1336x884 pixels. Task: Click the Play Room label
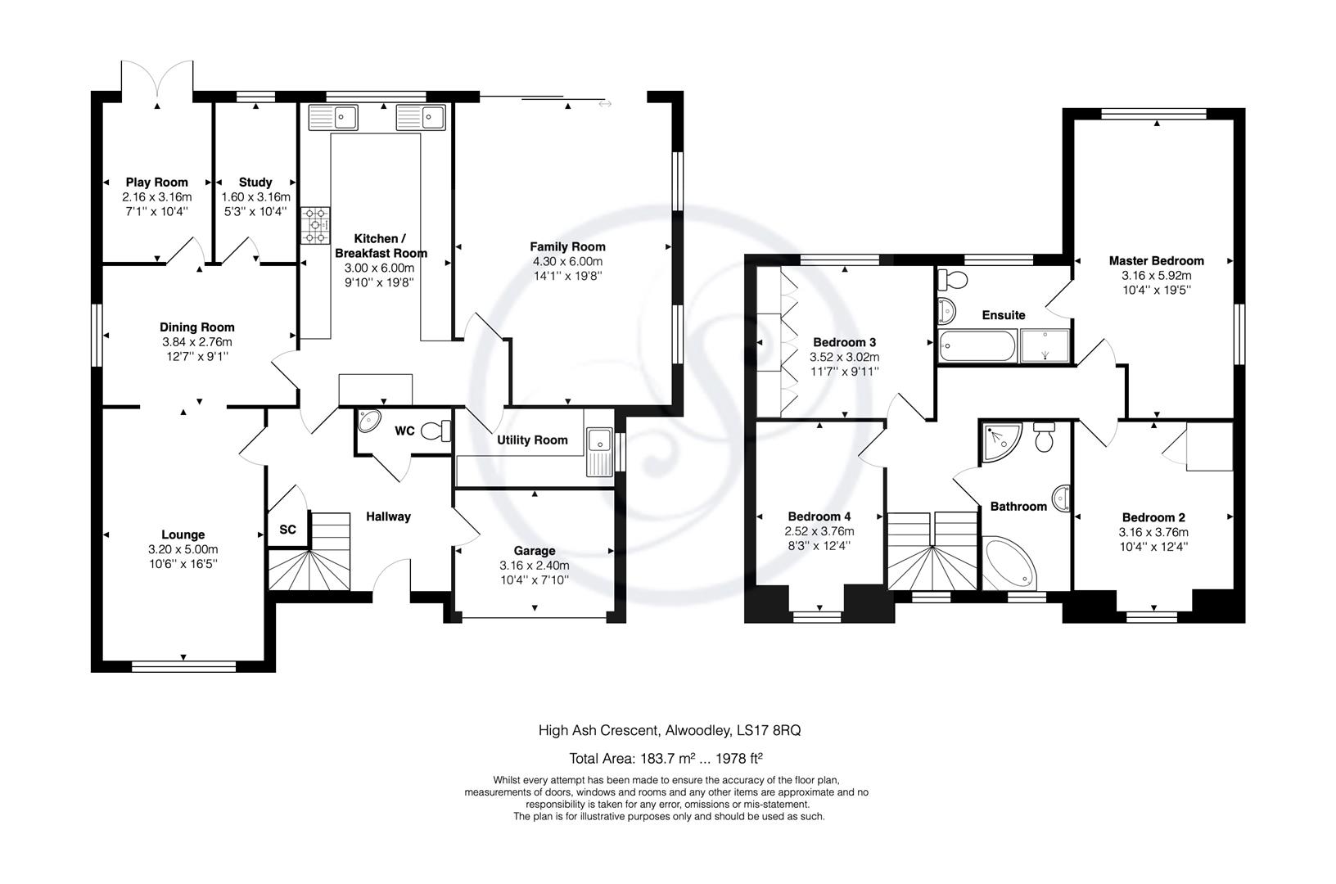[x=157, y=182]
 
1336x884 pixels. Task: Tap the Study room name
[x=255, y=182]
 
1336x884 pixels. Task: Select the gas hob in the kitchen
[x=315, y=225]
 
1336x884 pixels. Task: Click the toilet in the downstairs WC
[x=436, y=430]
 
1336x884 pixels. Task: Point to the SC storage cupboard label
[x=287, y=529]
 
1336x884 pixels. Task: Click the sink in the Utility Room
[x=599, y=452]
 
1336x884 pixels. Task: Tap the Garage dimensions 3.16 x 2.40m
[x=535, y=565]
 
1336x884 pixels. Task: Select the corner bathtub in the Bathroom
[x=1010, y=562]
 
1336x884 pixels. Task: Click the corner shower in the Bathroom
[x=1002, y=442]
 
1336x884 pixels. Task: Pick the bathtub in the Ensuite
[x=977, y=346]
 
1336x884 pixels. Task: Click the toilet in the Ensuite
[x=953, y=279]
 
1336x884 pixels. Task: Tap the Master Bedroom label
[x=1157, y=260]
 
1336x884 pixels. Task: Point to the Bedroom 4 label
[x=819, y=516]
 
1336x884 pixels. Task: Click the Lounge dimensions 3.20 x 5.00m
[x=183, y=549]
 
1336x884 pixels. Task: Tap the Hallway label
[x=388, y=516]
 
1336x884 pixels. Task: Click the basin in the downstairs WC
[x=369, y=421]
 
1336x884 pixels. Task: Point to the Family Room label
[x=568, y=246]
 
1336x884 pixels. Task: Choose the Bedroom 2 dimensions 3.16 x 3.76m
[x=1153, y=532]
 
